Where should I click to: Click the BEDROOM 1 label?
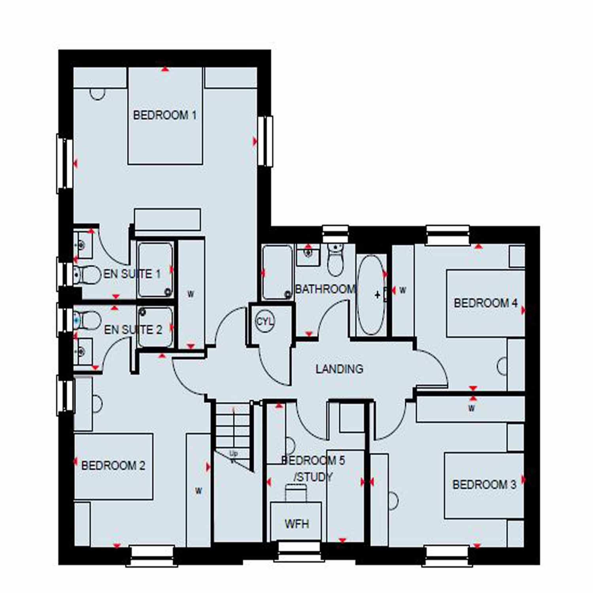coord(164,115)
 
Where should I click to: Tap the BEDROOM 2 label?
coord(113,465)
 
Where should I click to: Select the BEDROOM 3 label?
coord(484,484)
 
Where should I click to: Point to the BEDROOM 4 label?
coord(485,303)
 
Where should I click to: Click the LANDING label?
coord(339,369)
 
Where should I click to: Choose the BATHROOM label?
coord(325,289)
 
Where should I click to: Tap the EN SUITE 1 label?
coord(132,274)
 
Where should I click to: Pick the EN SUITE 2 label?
coord(133,329)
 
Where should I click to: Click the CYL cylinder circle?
coord(264,321)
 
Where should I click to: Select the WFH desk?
coord(296,522)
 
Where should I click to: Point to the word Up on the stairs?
coord(234,453)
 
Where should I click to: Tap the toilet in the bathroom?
coord(335,259)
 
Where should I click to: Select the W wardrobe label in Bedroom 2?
coord(198,491)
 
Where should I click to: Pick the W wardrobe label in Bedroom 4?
coord(402,290)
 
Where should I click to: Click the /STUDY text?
coord(313,477)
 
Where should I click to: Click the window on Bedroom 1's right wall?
coord(265,141)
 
